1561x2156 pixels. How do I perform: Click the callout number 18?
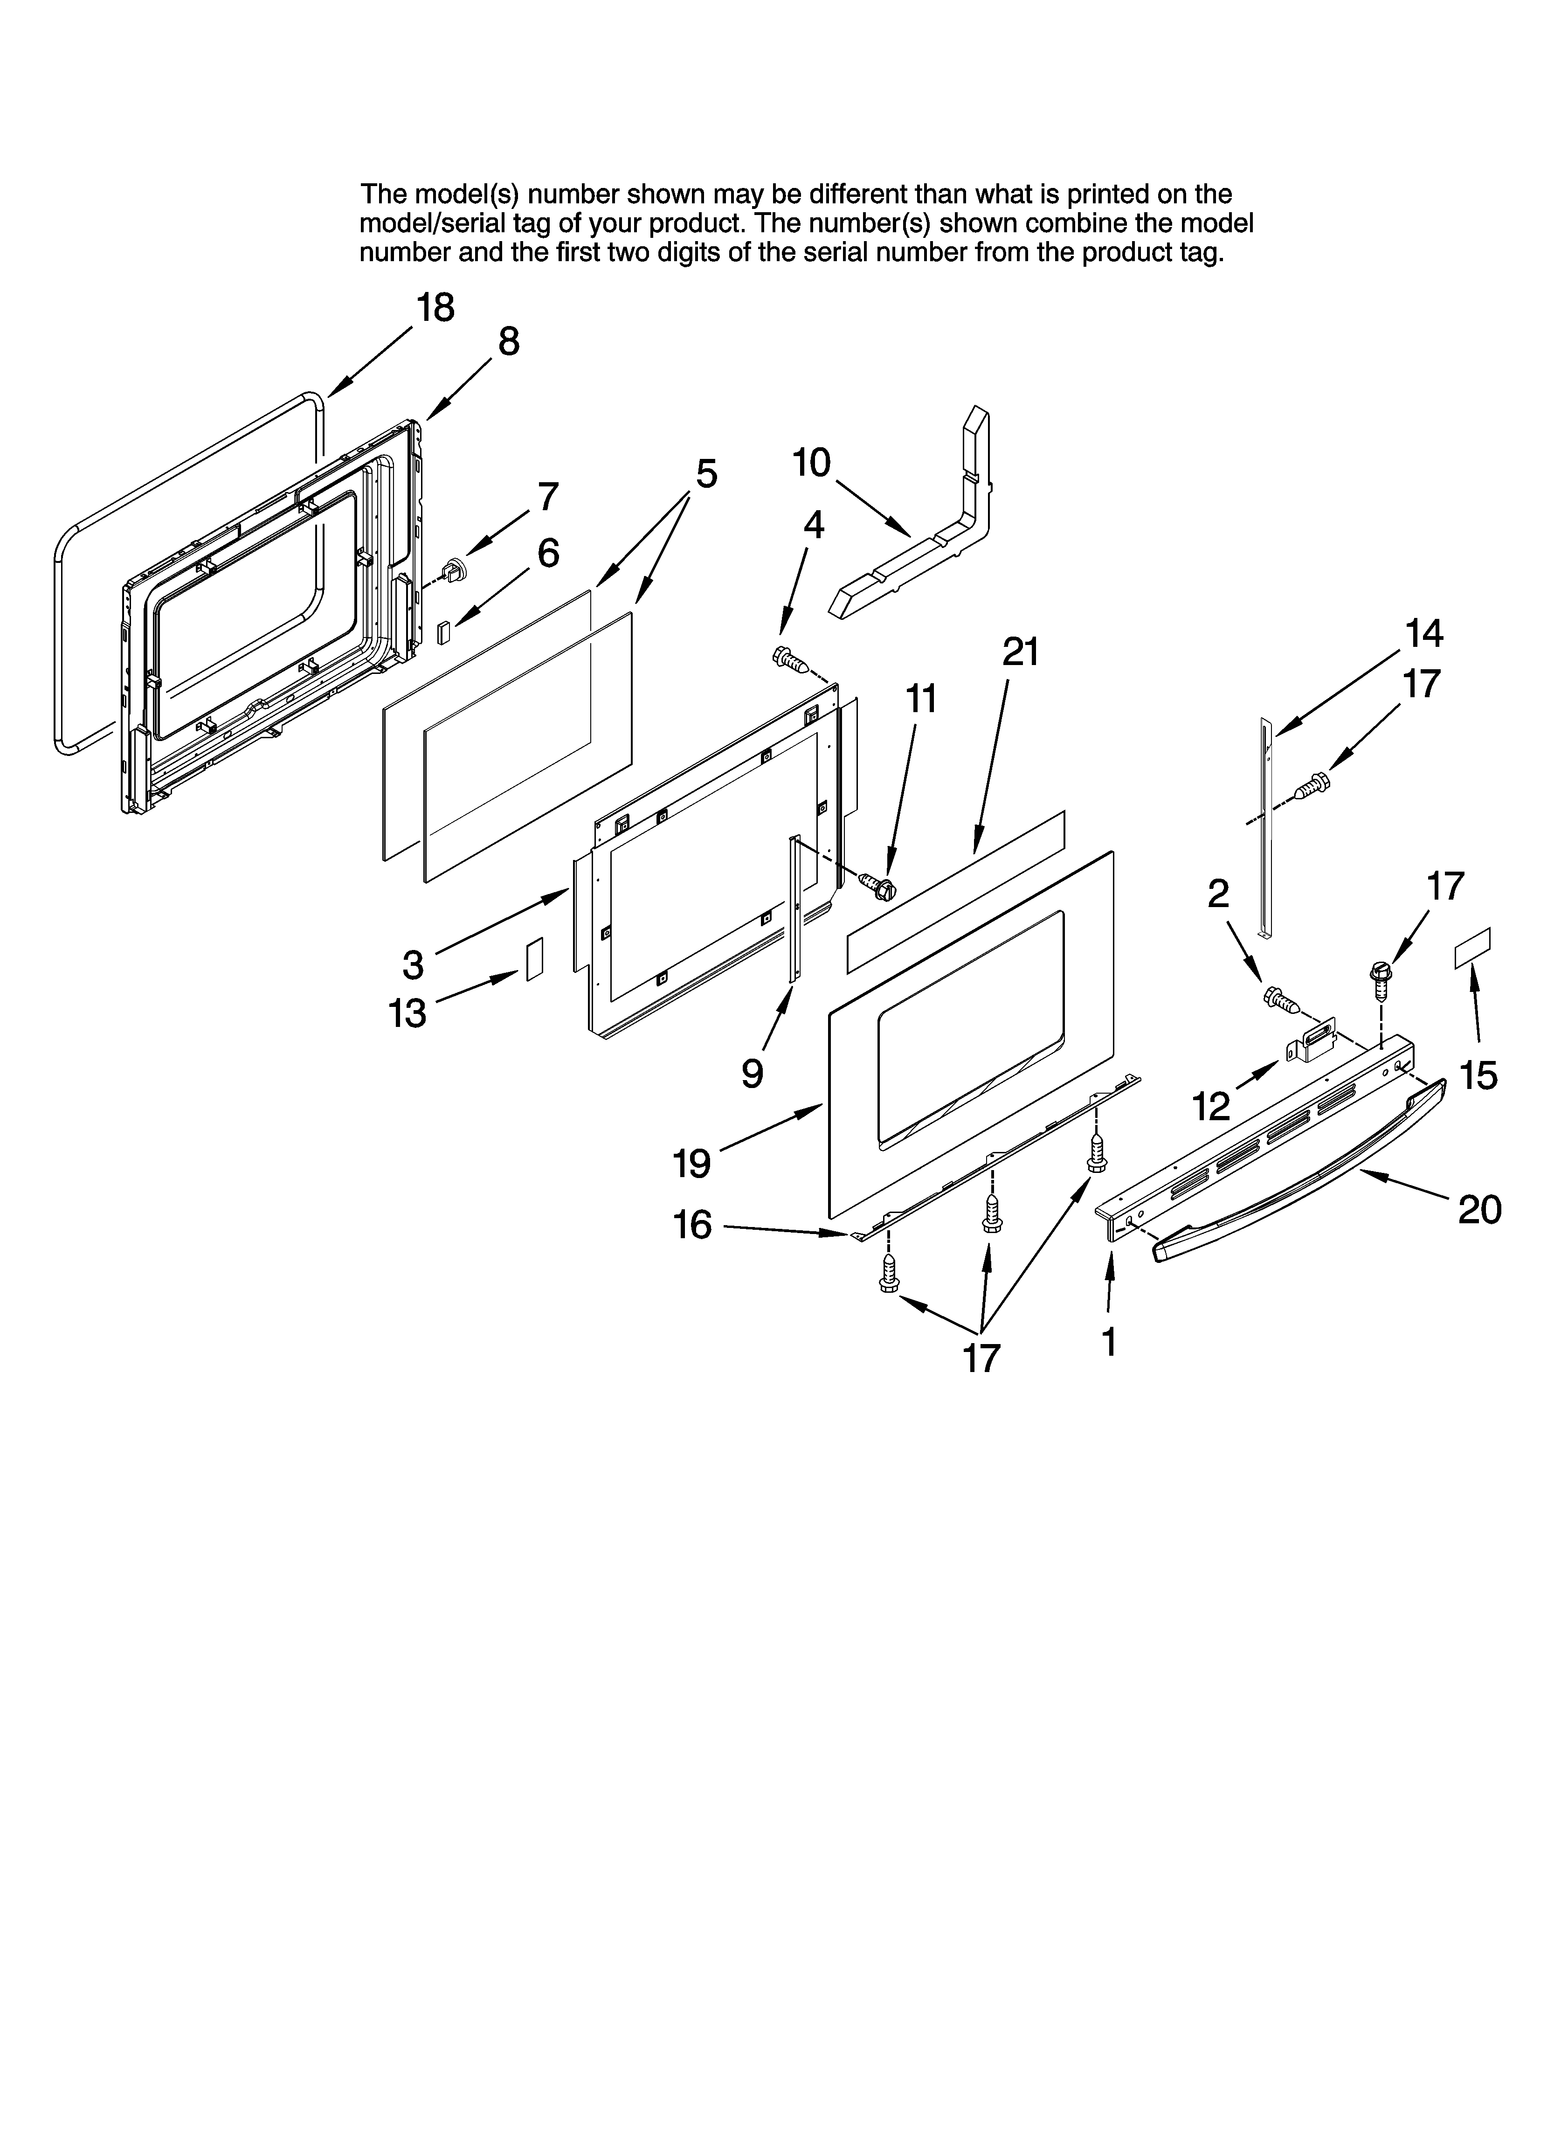click(435, 308)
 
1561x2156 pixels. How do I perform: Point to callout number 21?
click(1020, 652)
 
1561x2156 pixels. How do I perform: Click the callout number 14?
click(1423, 633)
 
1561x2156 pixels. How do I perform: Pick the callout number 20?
click(1479, 1209)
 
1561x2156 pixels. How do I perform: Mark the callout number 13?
click(407, 1013)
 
